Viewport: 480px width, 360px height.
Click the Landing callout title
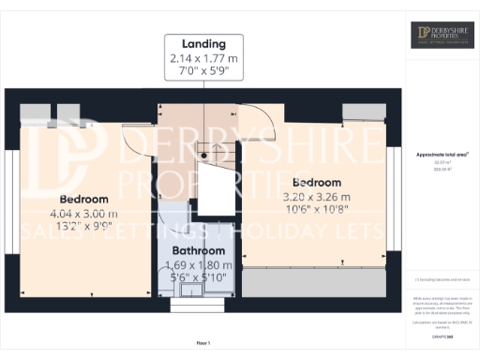coord(203,44)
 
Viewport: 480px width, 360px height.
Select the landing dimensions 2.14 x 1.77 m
coord(203,57)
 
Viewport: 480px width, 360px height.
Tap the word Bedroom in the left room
coord(83,200)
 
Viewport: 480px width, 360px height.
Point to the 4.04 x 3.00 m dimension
coord(83,213)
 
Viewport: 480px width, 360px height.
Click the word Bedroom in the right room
coord(318,182)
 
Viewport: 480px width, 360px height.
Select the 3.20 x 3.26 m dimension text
coord(318,196)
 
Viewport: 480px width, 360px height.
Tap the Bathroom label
coord(198,251)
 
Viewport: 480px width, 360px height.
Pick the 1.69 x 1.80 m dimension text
coord(198,265)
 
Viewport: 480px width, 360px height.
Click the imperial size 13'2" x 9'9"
coord(83,226)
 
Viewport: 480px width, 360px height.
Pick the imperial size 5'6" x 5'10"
coord(198,278)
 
